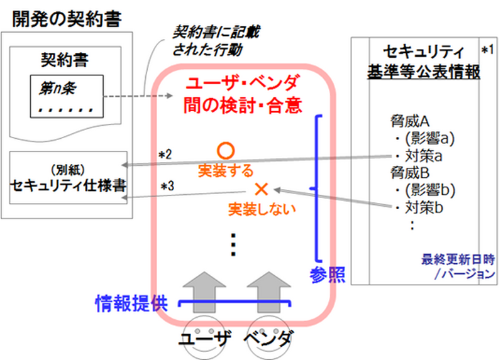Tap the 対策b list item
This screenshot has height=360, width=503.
coord(419,208)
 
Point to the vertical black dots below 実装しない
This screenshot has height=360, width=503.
coord(233,244)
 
